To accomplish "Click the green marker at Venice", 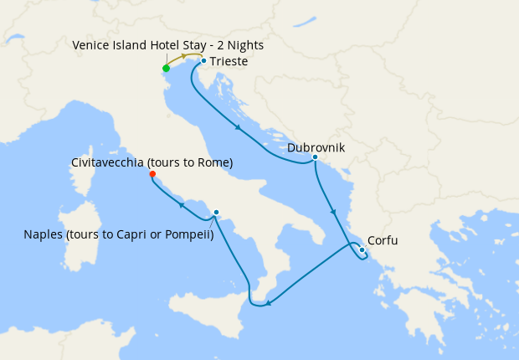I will (166, 69).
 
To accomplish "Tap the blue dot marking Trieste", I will (203, 60).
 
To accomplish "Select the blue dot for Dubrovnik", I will (315, 157).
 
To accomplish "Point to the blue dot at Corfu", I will (362, 249).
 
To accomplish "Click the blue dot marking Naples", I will (216, 212).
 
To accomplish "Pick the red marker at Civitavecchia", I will (152, 174).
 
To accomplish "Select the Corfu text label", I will (383, 240).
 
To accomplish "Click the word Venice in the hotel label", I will (91, 45).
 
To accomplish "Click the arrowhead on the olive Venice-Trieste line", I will (184, 56).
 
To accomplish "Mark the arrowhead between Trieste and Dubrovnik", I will (239, 128).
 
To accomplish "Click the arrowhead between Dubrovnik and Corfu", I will (334, 211).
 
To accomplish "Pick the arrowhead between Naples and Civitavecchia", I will (180, 204).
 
